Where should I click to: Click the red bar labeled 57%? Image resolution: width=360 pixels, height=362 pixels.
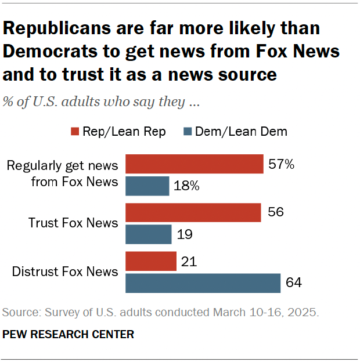pyautogui.click(x=195, y=164)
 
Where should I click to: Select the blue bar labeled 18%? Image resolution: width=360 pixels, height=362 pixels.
pyautogui.click(x=147, y=186)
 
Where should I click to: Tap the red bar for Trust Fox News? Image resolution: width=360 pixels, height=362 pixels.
pyautogui.click(x=193, y=213)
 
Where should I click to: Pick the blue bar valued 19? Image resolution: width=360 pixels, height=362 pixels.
pyautogui.click(x=149, y=234)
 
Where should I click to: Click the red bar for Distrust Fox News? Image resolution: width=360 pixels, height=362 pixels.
pyautogui.click(x=151, y=261)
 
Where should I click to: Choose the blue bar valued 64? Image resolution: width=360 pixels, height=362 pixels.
pyautogui.click(x=203, y=283)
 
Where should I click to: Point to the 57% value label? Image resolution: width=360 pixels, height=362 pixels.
pyautogui.click(x=282, y=165)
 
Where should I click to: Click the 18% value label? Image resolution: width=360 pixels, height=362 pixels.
pyautogui.click(x=187, y=186)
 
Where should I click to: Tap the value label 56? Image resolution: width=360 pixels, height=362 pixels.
pyautogui.click(x=276, y=213)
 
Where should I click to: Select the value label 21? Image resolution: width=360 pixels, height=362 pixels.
pyautogui.click(x=189, y=262)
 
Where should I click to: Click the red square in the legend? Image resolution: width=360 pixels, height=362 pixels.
pyautogui.click(x=75, y=132)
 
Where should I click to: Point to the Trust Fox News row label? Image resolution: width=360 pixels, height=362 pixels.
pyautogui.click(x=73, y=223)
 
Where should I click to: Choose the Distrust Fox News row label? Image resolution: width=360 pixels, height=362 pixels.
pyautogui.click(x=65, y=271)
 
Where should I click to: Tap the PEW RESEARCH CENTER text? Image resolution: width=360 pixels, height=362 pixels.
pyautogui.click(x=69, y=334)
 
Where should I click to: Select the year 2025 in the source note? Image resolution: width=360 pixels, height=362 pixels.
pyautogui.click(x=305, y=313)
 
